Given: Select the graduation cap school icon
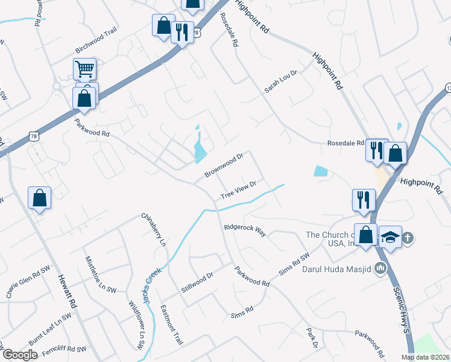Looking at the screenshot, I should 390,237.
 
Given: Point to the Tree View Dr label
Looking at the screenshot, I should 239,190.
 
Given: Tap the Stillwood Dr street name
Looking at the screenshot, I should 198,283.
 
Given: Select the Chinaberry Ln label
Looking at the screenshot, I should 153,230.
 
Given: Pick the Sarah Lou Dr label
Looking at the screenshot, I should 282,81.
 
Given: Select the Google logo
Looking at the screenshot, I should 20,355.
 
